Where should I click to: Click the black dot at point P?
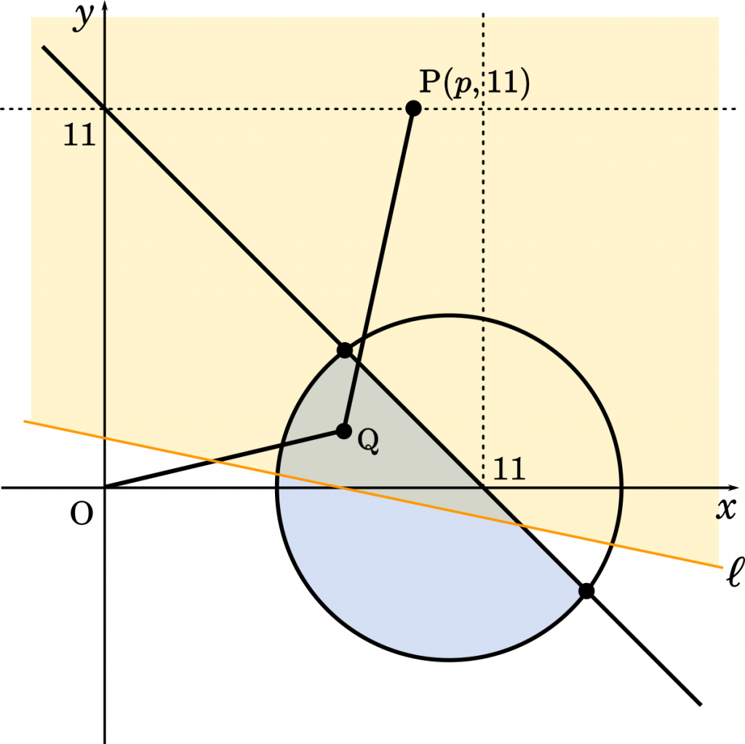point(413,108)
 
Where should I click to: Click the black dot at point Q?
point(344,431)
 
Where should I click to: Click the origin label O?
point(81,514)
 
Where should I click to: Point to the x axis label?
point(725,509)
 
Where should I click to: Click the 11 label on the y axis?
point(79,135)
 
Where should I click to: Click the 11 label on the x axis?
point(509,469)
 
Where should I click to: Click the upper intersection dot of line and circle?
point(344,350)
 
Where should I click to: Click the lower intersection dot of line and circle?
point(587,591)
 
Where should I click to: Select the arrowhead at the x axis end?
point(733,487)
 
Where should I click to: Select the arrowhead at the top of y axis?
point(105,6)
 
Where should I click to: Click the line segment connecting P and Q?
point(378,270)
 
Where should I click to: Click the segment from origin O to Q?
point(224,459)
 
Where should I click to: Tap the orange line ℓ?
point(373,494)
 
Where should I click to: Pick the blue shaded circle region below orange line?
point(428,580)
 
